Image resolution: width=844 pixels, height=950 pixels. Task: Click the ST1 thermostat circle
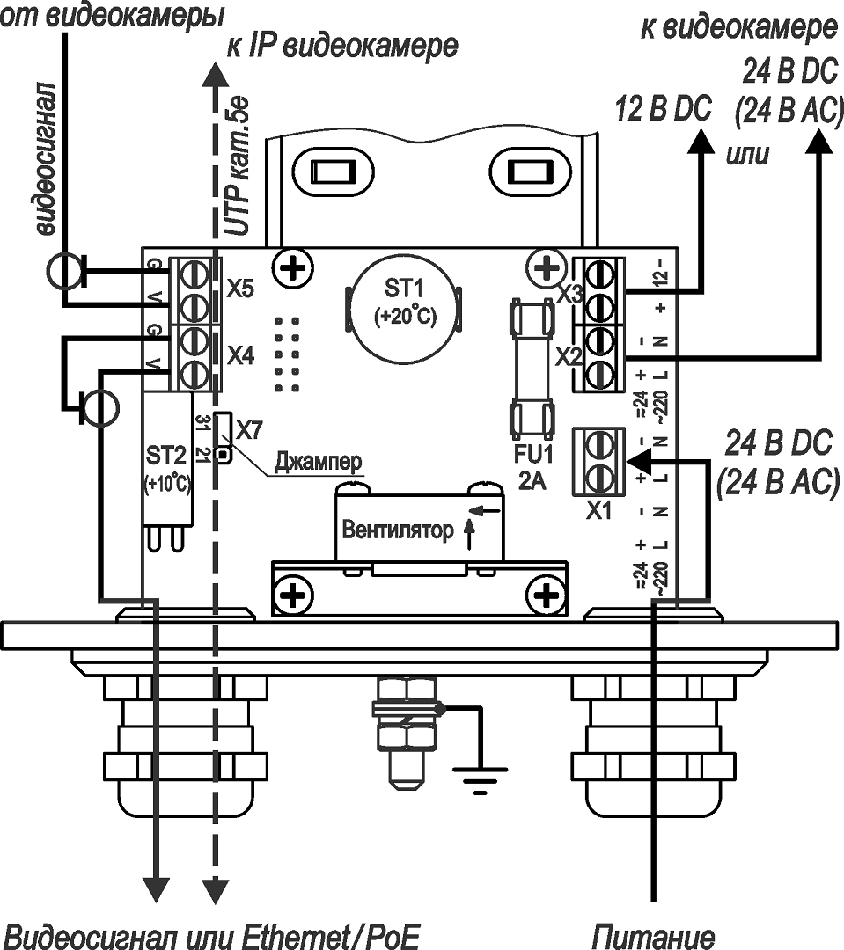click(404, 309)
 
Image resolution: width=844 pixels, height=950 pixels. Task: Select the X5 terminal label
click(240, 289)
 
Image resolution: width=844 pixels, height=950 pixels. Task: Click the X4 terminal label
click(240, 355)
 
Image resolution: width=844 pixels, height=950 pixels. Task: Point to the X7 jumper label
click(250, 430)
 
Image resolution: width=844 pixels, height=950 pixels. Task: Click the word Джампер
click(319, 460)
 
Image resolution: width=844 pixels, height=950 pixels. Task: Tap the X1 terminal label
click(598, 510)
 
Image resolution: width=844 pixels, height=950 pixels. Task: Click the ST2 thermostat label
click(166, 456)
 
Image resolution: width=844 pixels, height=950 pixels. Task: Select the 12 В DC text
click(662, 108)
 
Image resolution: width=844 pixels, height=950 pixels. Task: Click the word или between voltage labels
click(746, 156)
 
